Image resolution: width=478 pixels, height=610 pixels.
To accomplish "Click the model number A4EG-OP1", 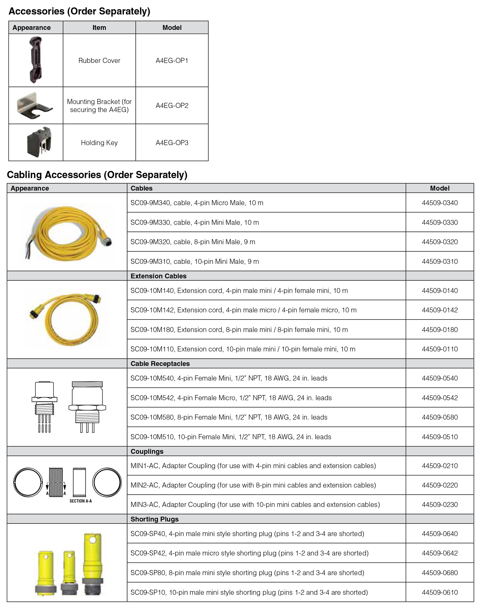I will click(172, 61).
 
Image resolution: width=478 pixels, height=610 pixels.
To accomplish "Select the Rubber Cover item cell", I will click(99, 61).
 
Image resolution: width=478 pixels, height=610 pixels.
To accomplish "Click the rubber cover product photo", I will click(35, 60).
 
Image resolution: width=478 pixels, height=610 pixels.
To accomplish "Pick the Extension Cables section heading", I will click(158, 276).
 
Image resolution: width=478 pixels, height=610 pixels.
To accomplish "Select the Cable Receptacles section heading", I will click(160, 364).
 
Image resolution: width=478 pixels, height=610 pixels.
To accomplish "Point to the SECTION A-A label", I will click(81, 501).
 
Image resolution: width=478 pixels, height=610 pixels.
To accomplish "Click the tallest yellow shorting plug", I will click(93, 563).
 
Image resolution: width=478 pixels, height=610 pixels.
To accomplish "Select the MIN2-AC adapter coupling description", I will click(253, 485).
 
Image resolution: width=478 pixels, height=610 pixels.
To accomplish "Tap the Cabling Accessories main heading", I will click(97, 175).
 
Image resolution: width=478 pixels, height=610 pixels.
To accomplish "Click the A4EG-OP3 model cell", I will click(172, 143).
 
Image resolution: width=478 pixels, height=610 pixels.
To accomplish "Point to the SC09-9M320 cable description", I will click(193, 242).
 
